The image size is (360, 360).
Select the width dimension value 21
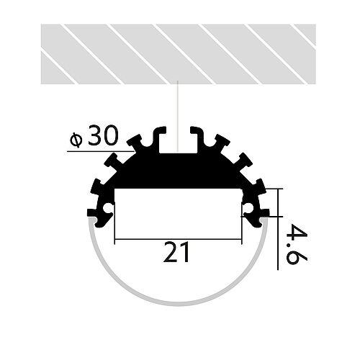(177, 253)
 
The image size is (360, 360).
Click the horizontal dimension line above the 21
(177, 239)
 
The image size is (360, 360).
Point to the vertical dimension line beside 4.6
(278, 230)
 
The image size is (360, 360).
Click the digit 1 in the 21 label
(186, 253)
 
